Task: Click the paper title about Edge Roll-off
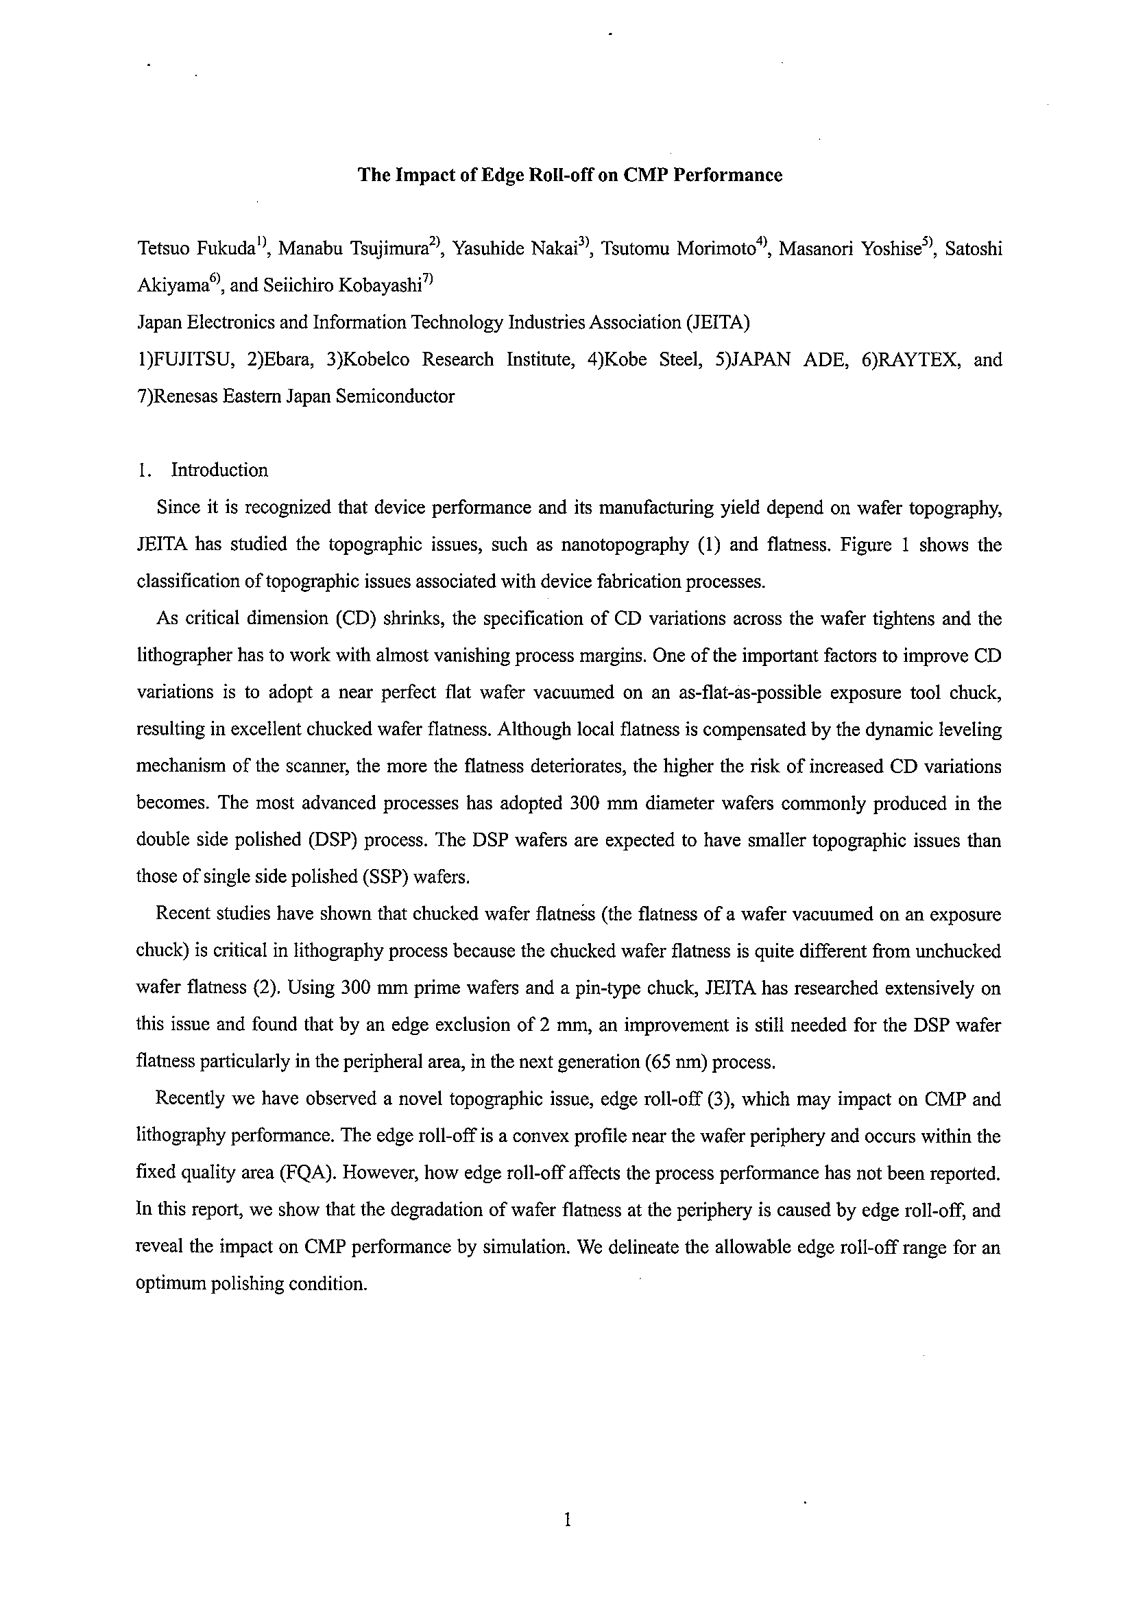coord(570,175)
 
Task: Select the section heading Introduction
coord(219,471)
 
